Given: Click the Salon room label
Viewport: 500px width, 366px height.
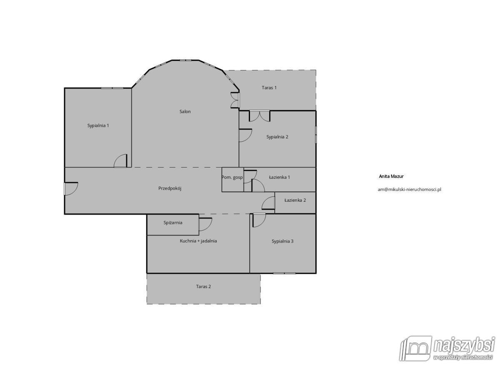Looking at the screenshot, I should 185,112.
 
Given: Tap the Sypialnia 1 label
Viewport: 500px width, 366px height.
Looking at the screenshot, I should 98,125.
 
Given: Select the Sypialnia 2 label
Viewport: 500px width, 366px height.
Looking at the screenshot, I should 277,137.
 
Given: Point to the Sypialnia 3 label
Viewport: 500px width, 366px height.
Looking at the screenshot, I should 282,241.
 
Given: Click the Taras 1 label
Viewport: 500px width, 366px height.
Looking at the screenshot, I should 269,88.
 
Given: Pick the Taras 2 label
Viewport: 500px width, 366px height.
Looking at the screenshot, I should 203,286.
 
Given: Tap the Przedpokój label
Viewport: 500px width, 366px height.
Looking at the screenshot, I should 170,188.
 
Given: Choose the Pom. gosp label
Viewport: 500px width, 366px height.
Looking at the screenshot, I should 232,178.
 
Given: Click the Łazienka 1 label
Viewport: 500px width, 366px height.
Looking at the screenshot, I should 279,177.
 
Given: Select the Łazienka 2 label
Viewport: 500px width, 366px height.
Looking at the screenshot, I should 295,200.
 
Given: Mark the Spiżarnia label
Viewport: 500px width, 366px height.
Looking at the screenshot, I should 172,223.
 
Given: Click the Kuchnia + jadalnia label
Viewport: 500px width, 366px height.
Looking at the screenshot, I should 198,241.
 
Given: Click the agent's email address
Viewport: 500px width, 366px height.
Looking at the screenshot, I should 409,189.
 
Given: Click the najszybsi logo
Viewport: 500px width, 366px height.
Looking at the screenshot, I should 447,343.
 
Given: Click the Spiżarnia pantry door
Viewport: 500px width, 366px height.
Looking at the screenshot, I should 205,224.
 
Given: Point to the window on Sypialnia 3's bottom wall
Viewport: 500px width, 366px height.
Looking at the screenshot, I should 285,273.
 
